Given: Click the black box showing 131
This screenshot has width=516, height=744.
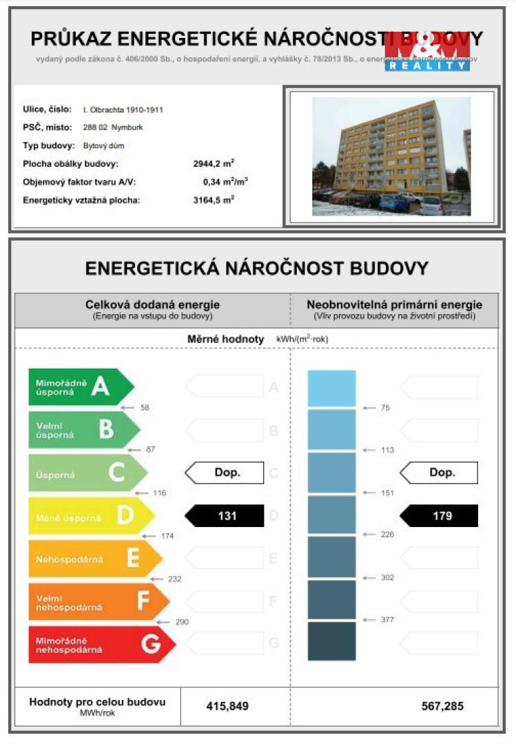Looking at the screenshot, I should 225,516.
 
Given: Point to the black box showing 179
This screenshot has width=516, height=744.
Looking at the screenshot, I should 440,516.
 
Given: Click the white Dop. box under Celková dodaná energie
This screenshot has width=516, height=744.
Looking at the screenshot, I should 225,473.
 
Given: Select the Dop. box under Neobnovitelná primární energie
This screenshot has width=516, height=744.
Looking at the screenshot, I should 440,473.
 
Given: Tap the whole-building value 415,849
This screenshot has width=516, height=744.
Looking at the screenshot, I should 227,706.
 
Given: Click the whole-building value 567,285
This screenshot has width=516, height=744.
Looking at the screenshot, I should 442,706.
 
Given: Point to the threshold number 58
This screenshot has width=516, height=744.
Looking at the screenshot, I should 145,408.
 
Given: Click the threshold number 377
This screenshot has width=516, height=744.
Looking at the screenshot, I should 387,620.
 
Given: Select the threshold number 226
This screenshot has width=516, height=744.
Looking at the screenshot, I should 387,535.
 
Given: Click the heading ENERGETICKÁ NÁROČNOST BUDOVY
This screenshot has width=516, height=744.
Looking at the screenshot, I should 257,268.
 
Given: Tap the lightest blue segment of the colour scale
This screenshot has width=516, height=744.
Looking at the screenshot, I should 331,389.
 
